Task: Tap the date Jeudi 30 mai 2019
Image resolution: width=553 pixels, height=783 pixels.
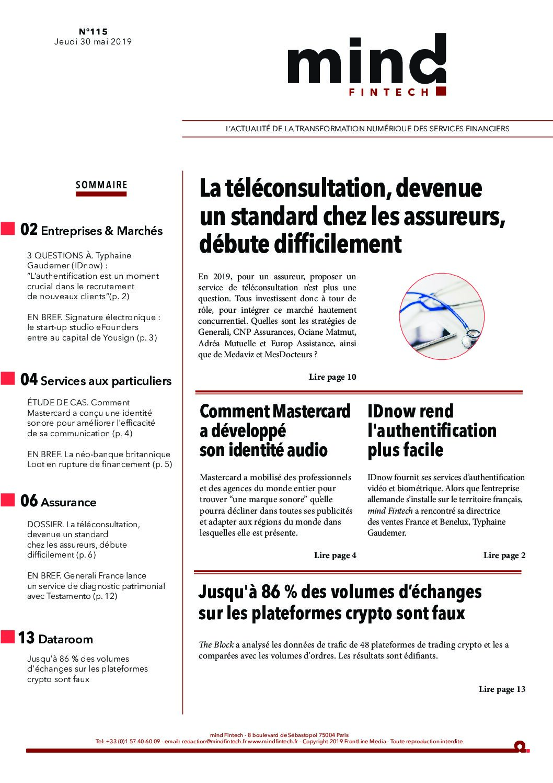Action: point(93,42)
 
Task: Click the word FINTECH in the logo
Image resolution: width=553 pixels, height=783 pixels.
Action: point(388,92)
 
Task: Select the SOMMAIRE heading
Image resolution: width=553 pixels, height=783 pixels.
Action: point(101,185)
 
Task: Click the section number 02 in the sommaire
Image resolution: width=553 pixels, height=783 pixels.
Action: point(29,230)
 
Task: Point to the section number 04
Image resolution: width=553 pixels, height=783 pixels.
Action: point(29,380)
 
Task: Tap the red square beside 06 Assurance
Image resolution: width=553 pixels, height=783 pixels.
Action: point(8,500)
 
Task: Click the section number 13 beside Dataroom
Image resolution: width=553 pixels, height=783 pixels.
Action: point(26,638)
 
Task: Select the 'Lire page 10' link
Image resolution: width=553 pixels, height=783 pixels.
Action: point(332,377)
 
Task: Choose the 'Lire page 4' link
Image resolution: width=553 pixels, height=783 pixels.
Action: point(335,555)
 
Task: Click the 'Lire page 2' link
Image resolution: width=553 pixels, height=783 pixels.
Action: point(504,555)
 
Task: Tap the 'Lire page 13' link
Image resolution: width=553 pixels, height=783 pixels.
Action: point(502,689)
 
